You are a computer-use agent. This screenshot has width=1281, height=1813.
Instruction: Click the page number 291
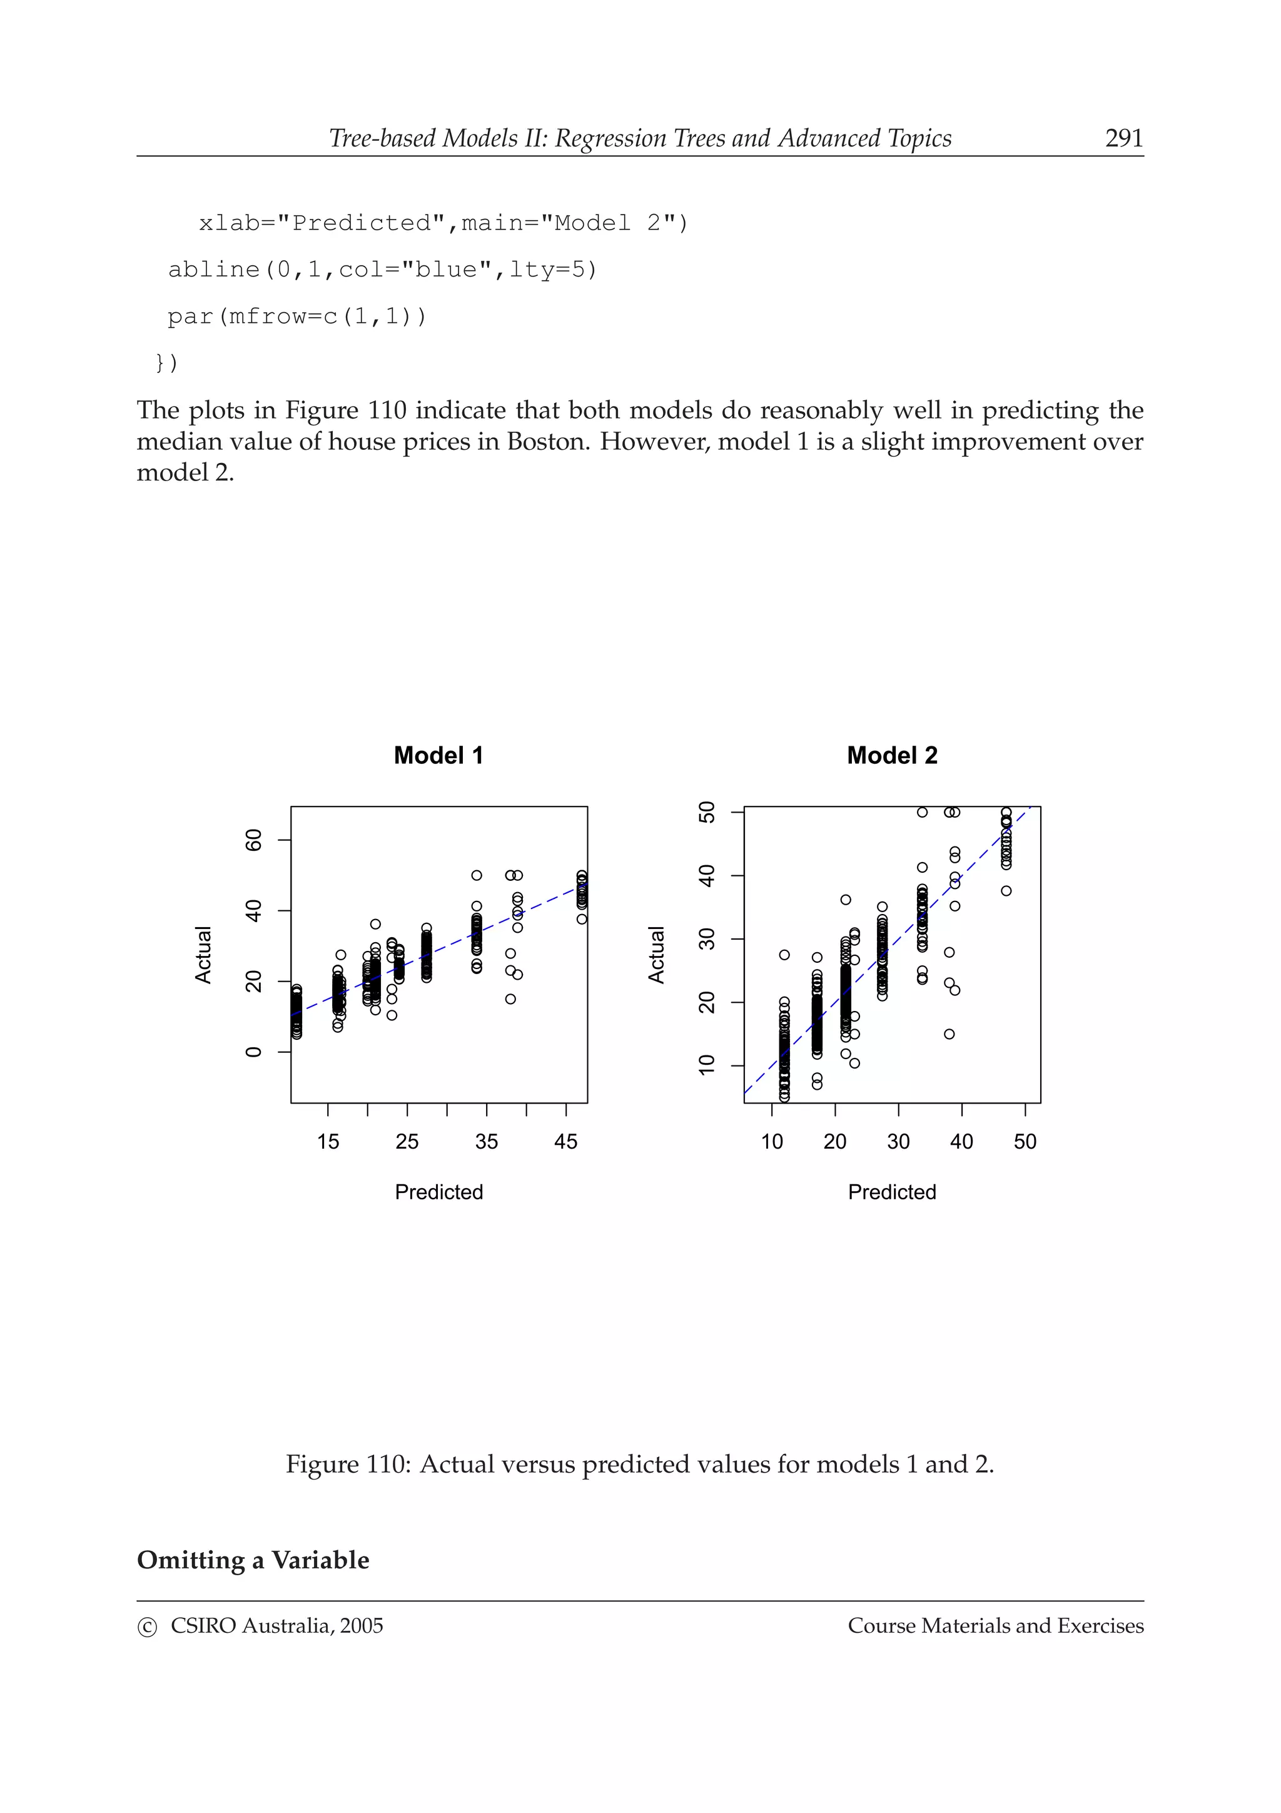click(x=1123, y=138)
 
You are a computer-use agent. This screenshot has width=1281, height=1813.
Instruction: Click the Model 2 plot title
click(x=892, y=756)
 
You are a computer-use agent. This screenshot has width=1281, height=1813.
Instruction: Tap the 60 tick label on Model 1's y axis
click(x=253, y=840)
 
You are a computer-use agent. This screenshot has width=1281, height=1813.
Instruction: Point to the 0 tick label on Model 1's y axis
click(x=253, y=1052)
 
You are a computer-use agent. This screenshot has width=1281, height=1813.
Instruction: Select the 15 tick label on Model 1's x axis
click(x=328, y=1142)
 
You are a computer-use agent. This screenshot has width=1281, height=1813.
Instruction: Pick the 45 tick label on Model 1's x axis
click(x=566, y=1142)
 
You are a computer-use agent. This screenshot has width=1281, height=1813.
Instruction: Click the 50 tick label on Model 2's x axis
click(x=1025, y=1142)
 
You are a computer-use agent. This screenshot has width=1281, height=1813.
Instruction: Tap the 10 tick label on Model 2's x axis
click(x=772, y=1142)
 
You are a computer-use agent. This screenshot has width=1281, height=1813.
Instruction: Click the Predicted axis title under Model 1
click(x=439, y=1192)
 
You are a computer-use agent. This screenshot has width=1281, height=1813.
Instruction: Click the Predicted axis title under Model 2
click(x=892, y=1192)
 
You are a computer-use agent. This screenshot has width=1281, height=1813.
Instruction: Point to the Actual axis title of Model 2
click(x=657, y=955)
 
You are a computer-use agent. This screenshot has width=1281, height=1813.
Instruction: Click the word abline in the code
click(x=214, y=270)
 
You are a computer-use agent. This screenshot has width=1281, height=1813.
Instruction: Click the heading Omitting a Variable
click(x=253, y=1560)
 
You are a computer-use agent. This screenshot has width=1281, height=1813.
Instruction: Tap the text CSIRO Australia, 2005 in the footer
click(x=276, y=1626)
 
